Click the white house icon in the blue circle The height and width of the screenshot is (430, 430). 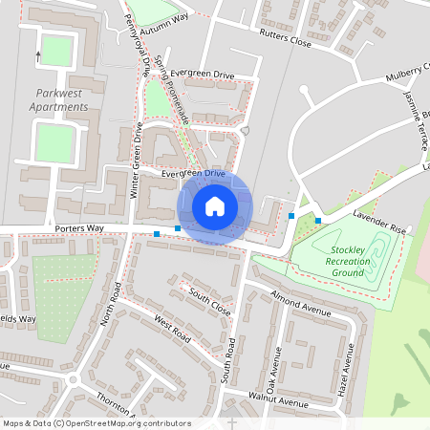click(215, 206)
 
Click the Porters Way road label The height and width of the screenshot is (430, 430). click(79, 228)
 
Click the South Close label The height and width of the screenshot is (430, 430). click(209, 301)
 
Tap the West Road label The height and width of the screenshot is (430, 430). click(173, 331)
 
